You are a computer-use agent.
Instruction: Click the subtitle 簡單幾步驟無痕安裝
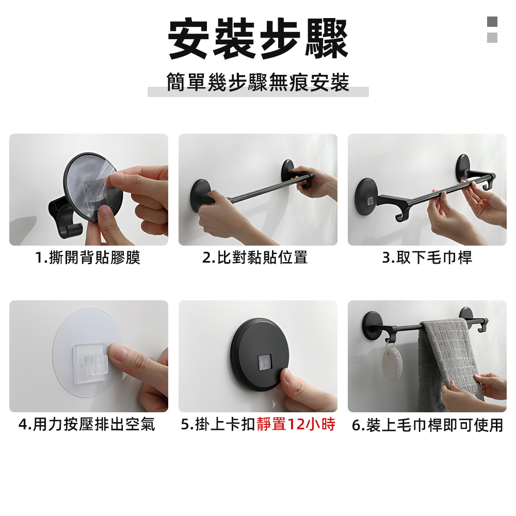coord(258,83)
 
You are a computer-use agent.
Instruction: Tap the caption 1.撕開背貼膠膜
coord(88,257)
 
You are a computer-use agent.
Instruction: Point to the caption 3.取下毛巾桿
coord(427,257)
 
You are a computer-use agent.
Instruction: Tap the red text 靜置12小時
coord(296,425)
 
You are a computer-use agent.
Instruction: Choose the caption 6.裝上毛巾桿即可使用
coord(427,425)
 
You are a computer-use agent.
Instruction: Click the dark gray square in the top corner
coord(492,22)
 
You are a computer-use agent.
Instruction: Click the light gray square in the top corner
coord(492,38)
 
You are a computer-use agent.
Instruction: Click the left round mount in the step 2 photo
coord(200,195)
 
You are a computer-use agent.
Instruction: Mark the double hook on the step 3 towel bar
coord(404,211)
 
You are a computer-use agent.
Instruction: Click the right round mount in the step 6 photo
coord(466,314)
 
